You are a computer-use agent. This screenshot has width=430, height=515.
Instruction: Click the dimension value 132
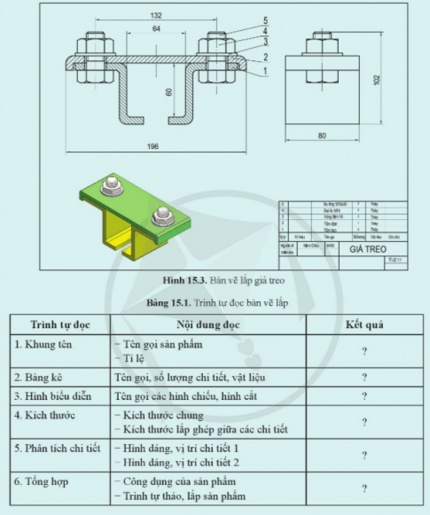[x=156, y=15]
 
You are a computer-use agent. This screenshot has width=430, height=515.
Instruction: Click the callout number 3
[x=265, y=42]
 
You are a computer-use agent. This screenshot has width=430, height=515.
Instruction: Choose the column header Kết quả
[x=364, y=324]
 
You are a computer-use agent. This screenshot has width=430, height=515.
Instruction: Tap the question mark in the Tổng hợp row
[x=364, y=488]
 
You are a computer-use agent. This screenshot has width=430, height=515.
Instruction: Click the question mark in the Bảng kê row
[x=364, y=376]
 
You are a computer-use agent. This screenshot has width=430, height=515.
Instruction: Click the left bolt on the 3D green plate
[x=112, y=186]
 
